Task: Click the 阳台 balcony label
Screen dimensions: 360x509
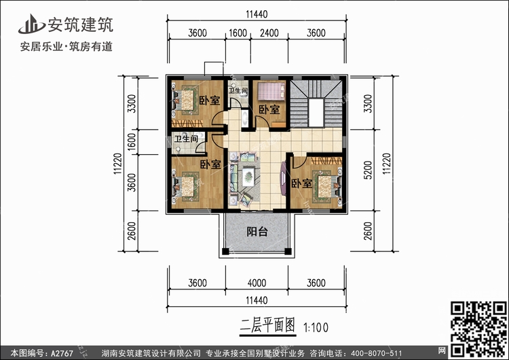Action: [x=257, y=232]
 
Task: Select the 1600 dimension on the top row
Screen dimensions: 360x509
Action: [x=238, y=32]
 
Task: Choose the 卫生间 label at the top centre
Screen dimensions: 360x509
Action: [x=238, y=90]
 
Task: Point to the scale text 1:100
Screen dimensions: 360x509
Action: [x=314, y=327]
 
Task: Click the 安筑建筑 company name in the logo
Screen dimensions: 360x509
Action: [x=80, y=25]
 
